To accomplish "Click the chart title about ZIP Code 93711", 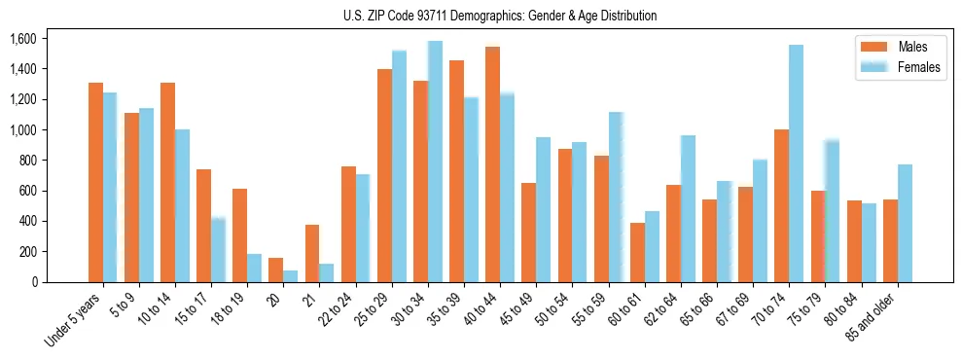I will pyautogui.click(x=500, y=16).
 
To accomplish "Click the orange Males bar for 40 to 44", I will pyautogui.click(x=492, y=164).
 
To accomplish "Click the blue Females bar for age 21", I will pyautogui.click(x=327, y=272).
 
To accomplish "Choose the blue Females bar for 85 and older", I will pyautogui.click(x=904, y=223).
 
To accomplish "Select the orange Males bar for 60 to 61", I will pyautogui.click(x=637, y=252).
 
